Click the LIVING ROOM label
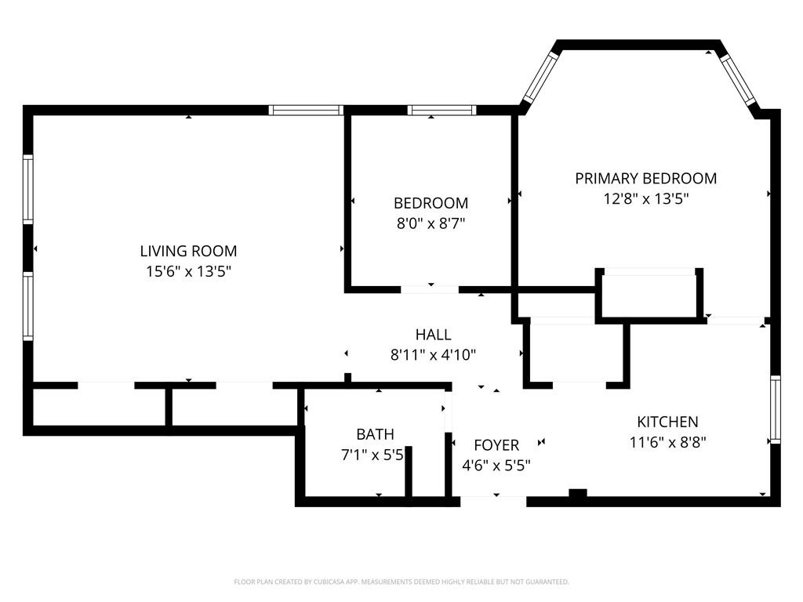coord(188,252)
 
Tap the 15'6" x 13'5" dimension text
coord(188,272)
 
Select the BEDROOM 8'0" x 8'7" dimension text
coord(431,223)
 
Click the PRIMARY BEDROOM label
coord(645,179)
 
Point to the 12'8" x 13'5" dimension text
coord(645,199)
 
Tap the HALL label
coord(433,335)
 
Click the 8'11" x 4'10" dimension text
coord(433,354)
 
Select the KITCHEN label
coord(667,422)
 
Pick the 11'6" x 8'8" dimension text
coord(667,442)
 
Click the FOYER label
coord(496,445)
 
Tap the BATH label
coord(375,434)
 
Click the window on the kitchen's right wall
coord(775,410)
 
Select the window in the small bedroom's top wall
coord(441,111)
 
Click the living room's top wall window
coord(306,111)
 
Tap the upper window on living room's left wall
coord(28,189)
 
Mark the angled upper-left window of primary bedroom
coord(540,77)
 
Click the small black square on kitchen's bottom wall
coord(577,494)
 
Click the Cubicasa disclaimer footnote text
coord(401,582)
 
